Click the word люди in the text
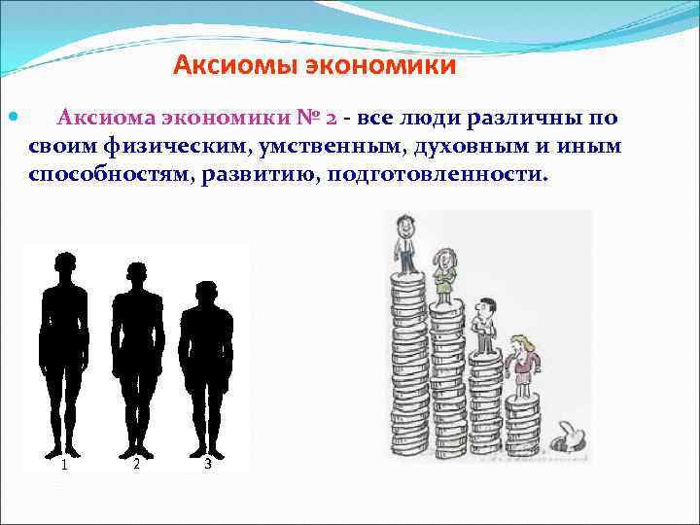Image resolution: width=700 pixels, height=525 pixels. click(x=425, y=119)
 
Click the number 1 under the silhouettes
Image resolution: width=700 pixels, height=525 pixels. click(x=64, y=465)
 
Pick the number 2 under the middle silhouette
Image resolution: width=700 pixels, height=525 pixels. click(x=136, y=464)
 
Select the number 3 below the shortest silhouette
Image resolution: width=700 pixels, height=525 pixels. click(x=208, y=465)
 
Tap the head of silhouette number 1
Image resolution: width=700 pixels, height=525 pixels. click(x=65, y=264)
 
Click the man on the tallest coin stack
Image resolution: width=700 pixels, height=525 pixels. click(x=404, y=244)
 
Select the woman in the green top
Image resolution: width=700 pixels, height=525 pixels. click(x=444, y=275)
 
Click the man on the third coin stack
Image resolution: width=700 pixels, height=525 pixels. click(x=481, y=325)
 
